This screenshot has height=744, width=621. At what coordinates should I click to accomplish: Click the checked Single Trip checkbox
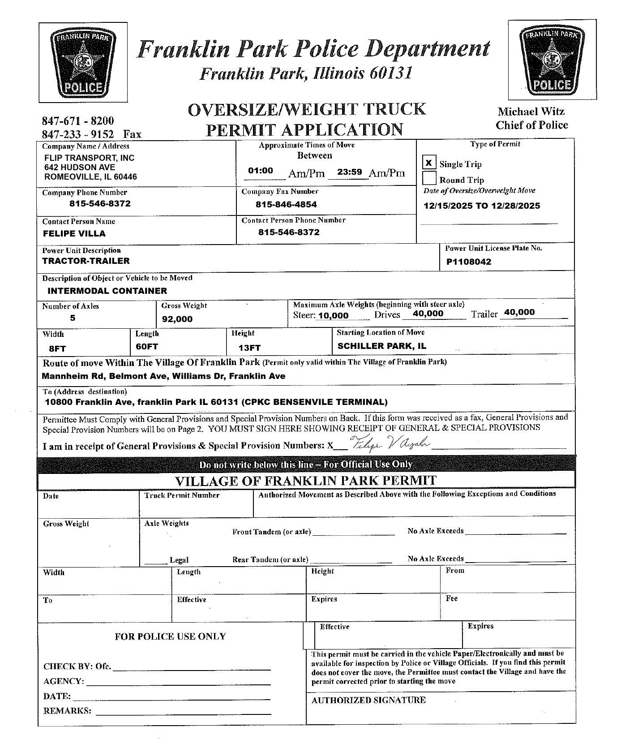(x=428, y=163)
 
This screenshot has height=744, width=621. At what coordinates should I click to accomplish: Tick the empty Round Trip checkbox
(x=429, y=179)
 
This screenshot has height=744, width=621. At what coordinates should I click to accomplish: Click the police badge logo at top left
(x=83, y=62)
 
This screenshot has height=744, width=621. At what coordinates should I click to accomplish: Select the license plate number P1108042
(x=468, y=262)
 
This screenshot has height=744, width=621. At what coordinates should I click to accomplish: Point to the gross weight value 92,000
(x=177, y=319)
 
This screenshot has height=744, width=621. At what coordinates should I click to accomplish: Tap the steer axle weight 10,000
(x=333, y=316)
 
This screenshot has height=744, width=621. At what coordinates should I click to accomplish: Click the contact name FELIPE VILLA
(x=74, y=233)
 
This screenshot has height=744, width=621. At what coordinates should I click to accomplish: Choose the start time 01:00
(x=261, y=171)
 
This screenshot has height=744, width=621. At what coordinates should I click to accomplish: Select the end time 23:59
(x=349, y=172)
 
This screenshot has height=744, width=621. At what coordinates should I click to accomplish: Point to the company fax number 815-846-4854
(x=286, y=205)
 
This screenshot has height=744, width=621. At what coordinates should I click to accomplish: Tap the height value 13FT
(x=249, y=348)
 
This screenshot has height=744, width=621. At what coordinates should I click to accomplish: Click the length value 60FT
(x=147, y=347)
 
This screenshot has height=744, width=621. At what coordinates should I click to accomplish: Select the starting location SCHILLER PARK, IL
(x=381, y=346)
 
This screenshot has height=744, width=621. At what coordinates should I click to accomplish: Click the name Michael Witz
(x=531, y=112)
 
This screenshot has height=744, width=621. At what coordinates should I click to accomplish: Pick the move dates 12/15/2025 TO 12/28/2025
(x=482, y=206)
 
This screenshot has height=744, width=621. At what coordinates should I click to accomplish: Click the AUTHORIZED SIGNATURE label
(x=368, y=700)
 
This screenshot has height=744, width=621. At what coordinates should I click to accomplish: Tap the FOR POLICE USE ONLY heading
(x=170, y=636)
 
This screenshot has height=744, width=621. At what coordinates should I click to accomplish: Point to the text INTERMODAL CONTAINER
(x=107, y=291)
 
